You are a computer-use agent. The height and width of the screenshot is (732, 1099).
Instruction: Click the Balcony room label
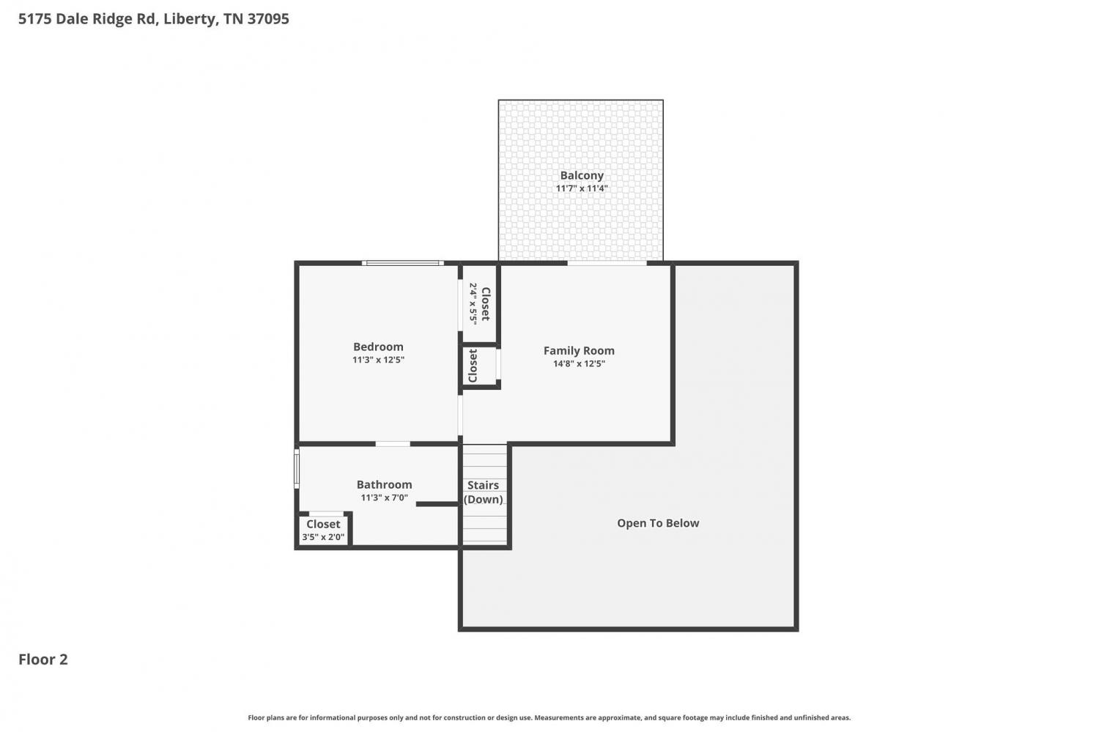pyautogui.click(x=582, y=175)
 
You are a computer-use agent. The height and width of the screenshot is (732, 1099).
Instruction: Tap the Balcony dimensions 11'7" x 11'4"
pyautogui.click(x=582, y=188)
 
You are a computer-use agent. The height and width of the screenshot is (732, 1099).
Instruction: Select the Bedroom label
pyautogui.click(x=378, y=347)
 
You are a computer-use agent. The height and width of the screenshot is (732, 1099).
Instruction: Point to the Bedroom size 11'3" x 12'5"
pyautogui.click(x=378, y=360)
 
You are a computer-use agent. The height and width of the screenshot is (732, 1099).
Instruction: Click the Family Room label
pyautogui.click(x=579, y=351)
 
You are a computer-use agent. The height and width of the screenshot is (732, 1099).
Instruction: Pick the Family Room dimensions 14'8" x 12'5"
pyautogui.click(x=579, y=363)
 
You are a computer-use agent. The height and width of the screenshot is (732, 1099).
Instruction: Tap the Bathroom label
pyautogui.click(x=384, y=485)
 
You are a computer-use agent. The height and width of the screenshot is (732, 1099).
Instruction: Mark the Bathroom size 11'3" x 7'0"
pyautogui.click(x=384, y=498)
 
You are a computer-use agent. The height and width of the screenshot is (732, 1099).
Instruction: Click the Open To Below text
pyautogui.click(x=658, y=523)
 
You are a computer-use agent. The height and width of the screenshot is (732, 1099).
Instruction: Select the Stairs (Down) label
pyautogui.click(x=484, y=492)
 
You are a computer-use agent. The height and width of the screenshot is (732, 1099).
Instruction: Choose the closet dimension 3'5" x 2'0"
pyautogui.click(x=323, y=537)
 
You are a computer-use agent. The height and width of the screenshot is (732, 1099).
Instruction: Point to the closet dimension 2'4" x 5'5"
pyautogui.click(x=473, y=303)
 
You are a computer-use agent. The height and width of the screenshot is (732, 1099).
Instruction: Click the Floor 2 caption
pyautogui.click(x=43, y=659)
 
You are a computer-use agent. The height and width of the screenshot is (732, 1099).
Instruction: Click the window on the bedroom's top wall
pyautogui.click(x=403, y=264)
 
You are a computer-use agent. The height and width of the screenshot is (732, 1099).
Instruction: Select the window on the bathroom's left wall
pyautogui.click(x=297, y=468)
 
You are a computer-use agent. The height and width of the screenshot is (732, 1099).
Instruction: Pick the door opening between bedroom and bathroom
pyautogui.click(x=393, y=444)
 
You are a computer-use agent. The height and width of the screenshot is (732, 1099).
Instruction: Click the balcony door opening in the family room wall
pyautogui.click(x=607, y=264)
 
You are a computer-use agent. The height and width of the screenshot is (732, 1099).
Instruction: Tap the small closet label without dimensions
pyautogui.click(x=473, y=366)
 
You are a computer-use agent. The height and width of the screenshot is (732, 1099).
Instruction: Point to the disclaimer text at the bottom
pyautogui.click(x=549, y=718)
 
